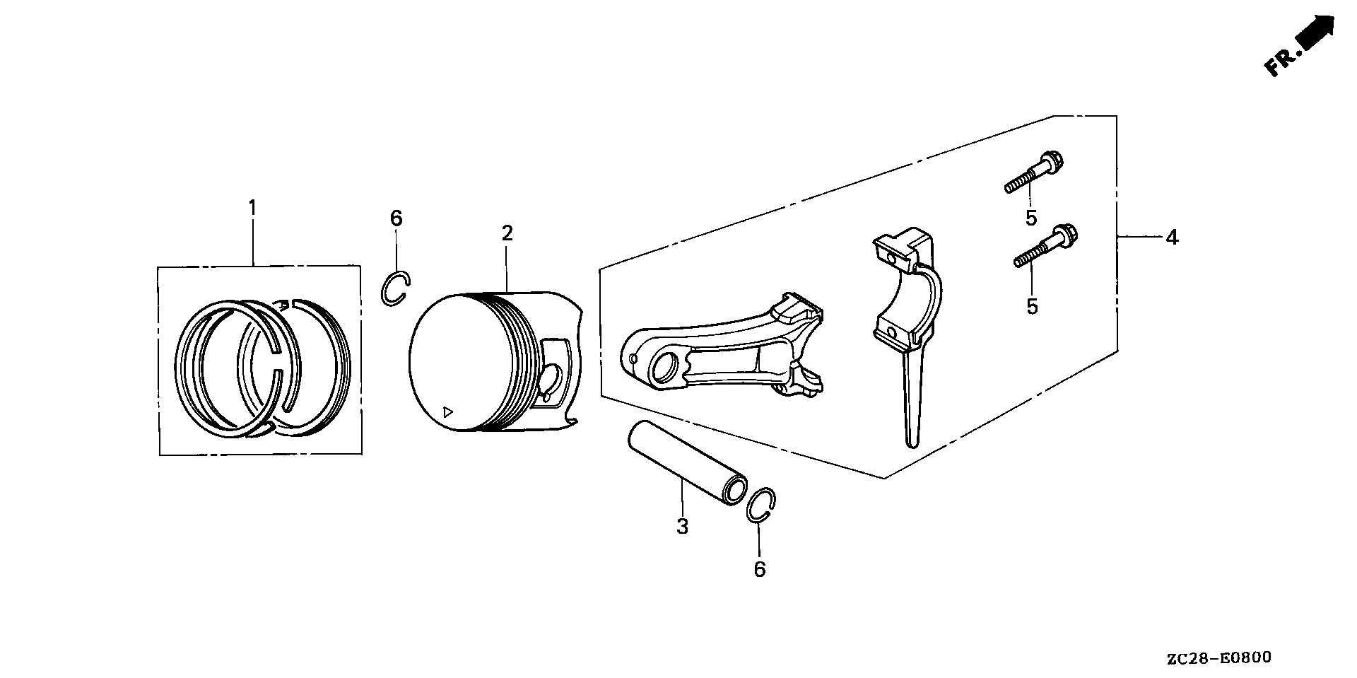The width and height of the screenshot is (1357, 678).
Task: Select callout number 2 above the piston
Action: (507, 233)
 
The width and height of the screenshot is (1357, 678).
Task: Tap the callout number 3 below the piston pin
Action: (682, 526)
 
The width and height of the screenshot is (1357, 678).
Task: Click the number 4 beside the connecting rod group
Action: (1172, 238)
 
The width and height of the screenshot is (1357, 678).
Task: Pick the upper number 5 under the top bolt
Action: (1031, 218)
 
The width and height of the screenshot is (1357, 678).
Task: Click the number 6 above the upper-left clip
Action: (396, 218)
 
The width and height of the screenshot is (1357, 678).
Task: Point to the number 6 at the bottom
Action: (759, 569)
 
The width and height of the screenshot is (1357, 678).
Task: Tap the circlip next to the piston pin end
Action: (762, 505)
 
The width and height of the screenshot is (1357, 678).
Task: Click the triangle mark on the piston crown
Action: (447, 411)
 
